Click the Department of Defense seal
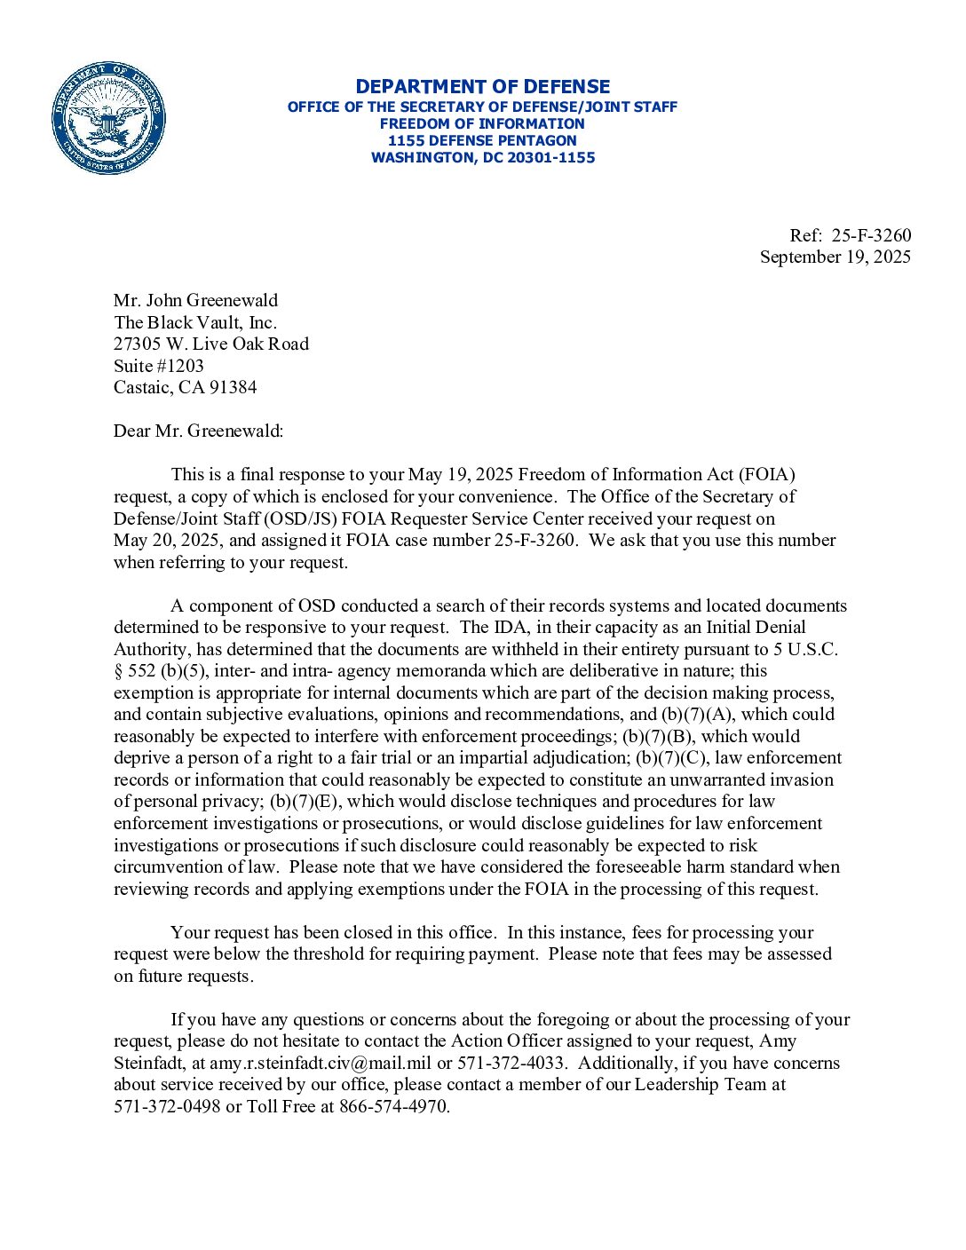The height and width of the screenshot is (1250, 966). pos(108,118)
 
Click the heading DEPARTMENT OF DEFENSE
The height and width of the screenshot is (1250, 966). pos(482,87)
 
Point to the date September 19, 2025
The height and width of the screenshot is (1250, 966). pos(835,257)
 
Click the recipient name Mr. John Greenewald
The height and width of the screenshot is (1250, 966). pos(195,300)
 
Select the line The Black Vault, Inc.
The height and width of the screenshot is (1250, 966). pos(194,322)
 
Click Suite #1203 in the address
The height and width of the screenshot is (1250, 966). pos(158,366)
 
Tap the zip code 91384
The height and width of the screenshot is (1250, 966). pos(233,387)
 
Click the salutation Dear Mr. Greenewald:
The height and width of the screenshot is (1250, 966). pos(198,431)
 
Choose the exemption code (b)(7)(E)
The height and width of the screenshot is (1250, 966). pos(306,802)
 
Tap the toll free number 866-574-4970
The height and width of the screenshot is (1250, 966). pos(393,1107)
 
